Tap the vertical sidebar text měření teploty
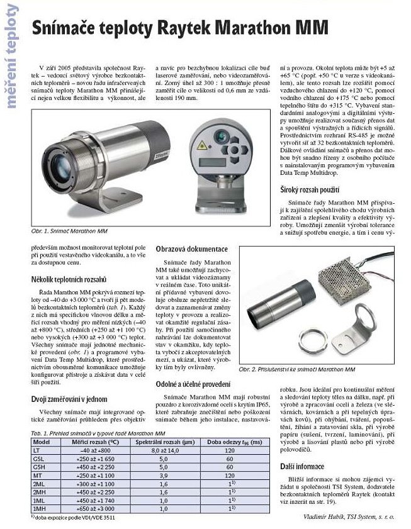click(x=11, y=60)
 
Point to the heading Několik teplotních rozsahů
click(x=67, y=278)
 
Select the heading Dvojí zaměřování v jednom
click(x=69, y=399)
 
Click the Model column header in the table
click(x=41, y=442)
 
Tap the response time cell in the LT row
click(x=229, y=450)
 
